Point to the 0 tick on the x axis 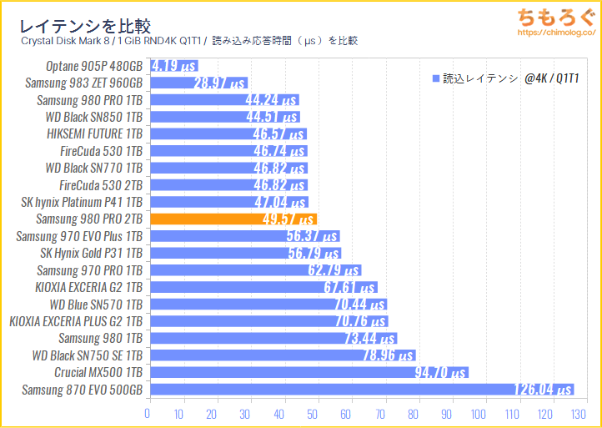[148, 413]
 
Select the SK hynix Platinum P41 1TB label [82, 202]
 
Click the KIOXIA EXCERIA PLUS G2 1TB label [76, 321]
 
